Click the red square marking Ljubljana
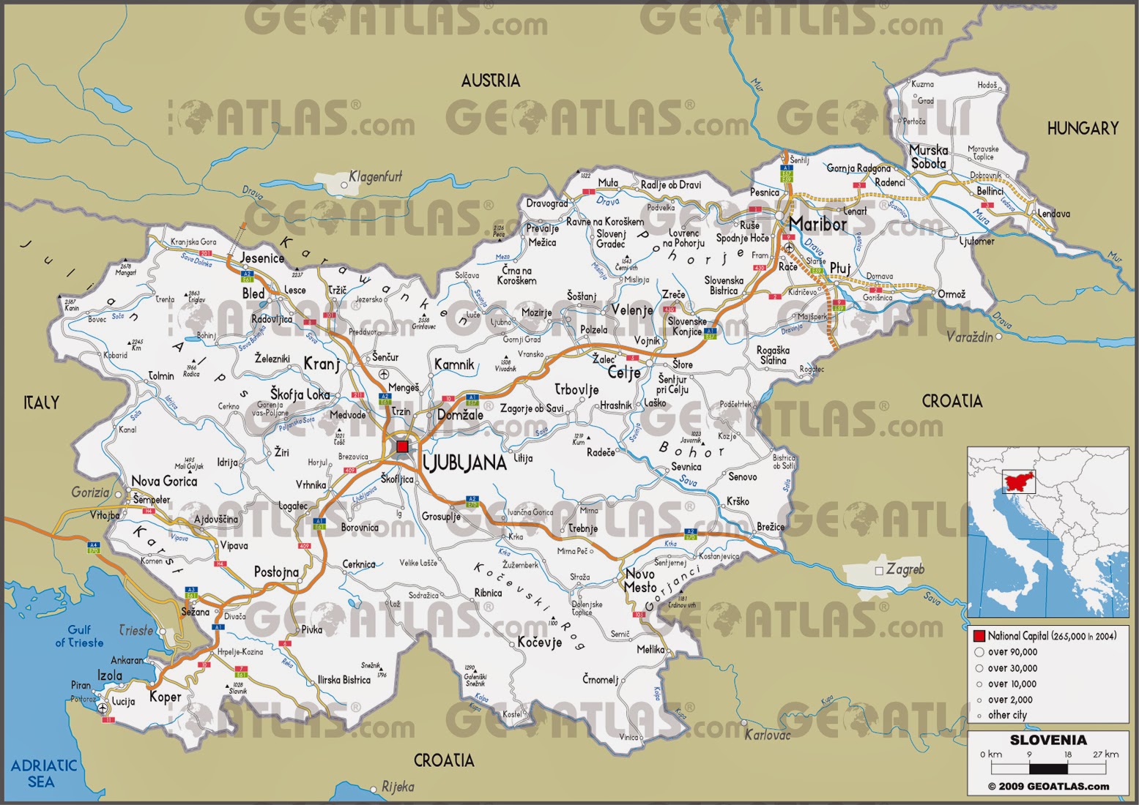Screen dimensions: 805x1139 tap(402, 446)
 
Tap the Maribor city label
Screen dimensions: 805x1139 tap(817, 224)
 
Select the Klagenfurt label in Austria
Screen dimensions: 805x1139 tap(375, 177)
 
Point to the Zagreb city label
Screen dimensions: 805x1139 tap(905, 569)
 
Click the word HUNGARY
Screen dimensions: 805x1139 tap(1083, 129)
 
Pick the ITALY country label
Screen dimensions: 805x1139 tap(41, 402)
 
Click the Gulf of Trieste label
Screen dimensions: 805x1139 tap(79, 636)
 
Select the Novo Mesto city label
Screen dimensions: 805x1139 tap(640, 580)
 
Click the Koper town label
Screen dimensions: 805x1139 tap(165, 697)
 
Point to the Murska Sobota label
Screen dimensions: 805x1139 tap(928, 157)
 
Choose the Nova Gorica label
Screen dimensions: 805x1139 tap(164, 481)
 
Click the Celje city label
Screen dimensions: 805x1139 tap(624, 372)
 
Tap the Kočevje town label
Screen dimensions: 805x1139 tap(539, 642)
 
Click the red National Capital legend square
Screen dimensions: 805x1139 tap(979, 636)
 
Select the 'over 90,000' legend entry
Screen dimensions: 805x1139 tap(1012, 652)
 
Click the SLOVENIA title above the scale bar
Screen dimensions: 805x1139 tap(1048, 740)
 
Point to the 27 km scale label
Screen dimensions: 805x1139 tap(1105, 754)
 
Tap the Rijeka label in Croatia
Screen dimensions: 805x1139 tap(398, 787)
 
